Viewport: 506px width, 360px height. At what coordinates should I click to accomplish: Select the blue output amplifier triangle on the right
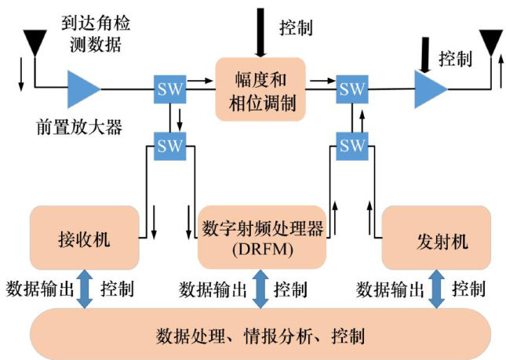(431, 88)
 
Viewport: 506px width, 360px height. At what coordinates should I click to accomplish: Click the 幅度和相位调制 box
(260, 89)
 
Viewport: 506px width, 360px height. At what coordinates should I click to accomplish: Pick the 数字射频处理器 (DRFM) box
(260, 238)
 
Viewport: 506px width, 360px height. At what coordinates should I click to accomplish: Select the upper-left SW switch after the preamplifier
(169, 89)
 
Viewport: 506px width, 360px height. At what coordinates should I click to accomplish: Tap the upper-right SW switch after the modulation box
(352, 89)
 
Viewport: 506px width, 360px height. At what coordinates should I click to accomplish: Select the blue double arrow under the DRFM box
(260, 289)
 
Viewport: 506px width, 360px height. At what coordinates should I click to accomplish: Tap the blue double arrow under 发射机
(436, 289)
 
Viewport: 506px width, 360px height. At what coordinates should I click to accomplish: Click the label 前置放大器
(79, 126)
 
